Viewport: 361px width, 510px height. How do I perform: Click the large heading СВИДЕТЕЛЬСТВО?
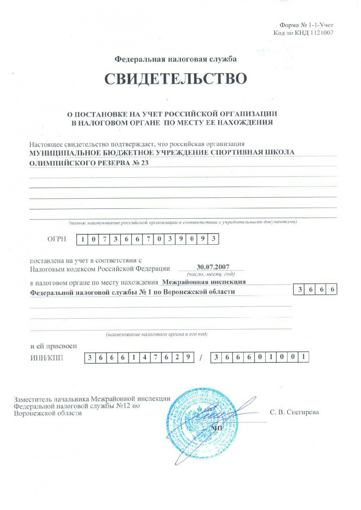[x=176, y=79]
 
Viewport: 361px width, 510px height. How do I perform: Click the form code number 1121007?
[x=322, y=33]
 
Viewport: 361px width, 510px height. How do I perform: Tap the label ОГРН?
[x=57, y=239]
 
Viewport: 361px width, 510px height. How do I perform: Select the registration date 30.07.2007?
[x=213, y=267]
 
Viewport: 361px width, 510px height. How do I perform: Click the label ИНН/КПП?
[x=47, y=358]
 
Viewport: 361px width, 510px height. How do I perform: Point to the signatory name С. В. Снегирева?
[x=294, y=412]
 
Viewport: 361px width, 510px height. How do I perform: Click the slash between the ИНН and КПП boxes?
[x=201, y=358]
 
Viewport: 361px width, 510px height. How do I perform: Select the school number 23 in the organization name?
[x=144, y=163]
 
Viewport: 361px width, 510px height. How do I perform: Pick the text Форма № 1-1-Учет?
[x=306, y=25]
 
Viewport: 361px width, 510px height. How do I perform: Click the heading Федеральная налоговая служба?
[x=175, y=59]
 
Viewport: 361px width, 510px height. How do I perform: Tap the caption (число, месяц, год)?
[x=210, y=274]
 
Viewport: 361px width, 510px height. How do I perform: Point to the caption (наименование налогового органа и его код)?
[x=156, y=334]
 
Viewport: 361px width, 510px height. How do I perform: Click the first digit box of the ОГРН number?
[x=83, y=239]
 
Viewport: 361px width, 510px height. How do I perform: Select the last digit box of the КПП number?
[x=304, y=357]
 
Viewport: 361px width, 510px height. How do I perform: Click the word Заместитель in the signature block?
[x=33, y=399]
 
